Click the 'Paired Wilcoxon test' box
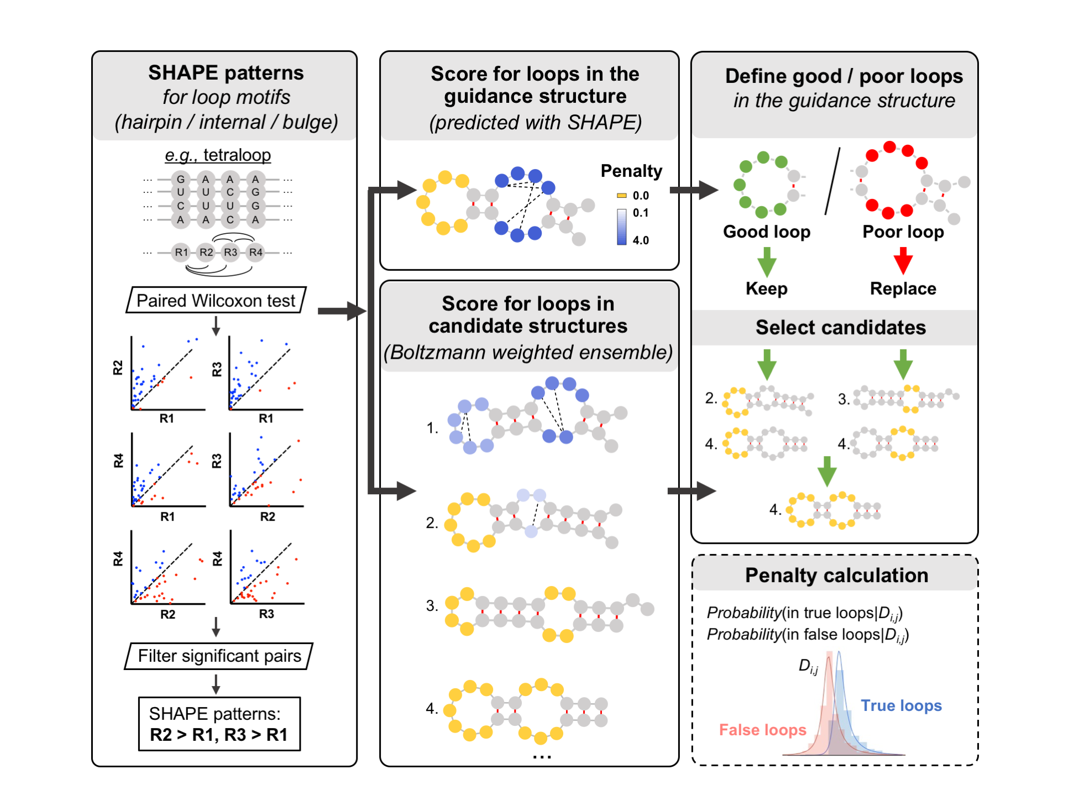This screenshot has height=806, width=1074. [216, 300]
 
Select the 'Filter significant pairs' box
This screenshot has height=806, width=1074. [219, 656]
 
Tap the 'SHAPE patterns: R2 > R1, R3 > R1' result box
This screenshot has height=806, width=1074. [219, 724]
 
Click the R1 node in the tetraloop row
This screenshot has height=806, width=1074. [181, 253]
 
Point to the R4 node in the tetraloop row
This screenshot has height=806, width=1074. [255, 253]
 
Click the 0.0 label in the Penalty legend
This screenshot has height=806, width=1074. [641, 196]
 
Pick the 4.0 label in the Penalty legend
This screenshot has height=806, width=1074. [641, 240]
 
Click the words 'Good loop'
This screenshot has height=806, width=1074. [766, 232]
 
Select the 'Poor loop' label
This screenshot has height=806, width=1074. [903, 232]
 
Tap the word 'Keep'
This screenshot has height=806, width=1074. [766, 289]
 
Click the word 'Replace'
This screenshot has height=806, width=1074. [903, 289]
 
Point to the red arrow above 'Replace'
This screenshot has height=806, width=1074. [903, 260]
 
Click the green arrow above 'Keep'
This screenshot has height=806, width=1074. [766, 261]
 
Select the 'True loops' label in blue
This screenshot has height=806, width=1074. [901, 705]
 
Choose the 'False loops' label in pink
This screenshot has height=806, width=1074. [762, 730]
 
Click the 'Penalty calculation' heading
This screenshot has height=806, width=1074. [836, 575]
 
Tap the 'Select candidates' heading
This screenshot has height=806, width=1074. [840, 327]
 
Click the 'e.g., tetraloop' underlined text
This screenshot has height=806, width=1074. [218, 155]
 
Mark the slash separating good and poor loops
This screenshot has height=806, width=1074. [832, 181]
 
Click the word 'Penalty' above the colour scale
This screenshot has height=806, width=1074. [631, 171]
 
